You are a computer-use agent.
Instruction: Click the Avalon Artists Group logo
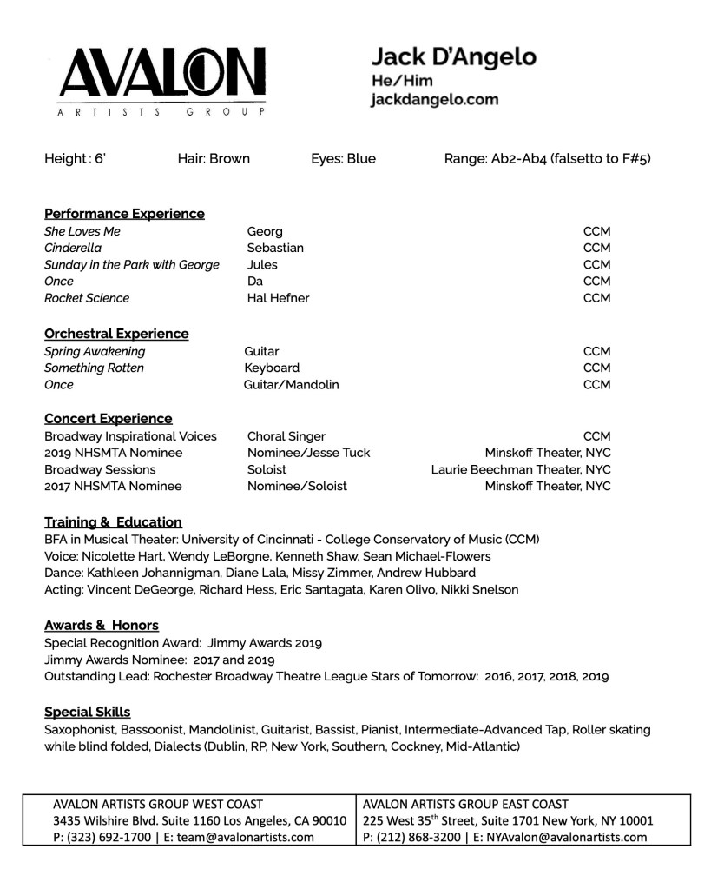[x=162, y=81]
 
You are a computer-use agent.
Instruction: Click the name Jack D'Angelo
[x=453, y=57]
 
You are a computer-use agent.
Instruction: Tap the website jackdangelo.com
[x=434, y=99]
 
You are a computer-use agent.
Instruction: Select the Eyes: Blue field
[x=343, y=158]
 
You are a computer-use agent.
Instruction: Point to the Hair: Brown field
[x=214, y=158]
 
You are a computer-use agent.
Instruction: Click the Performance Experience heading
[x=124, y=214]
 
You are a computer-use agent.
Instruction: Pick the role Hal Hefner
[x=278, y=298]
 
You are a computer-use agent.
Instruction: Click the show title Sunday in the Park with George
[x=132, y=265]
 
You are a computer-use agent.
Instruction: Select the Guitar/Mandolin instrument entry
[x=292, y=385]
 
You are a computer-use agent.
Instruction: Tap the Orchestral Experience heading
[x=116, y=334]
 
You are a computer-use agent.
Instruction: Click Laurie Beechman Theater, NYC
[x=521, y=470]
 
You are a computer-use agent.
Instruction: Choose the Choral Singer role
[x=286, y=436]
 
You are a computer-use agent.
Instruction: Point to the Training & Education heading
[x=113, y=522]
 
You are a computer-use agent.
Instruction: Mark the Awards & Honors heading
[x=102, y=626]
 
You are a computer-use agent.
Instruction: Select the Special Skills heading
[x=88, y=713]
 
